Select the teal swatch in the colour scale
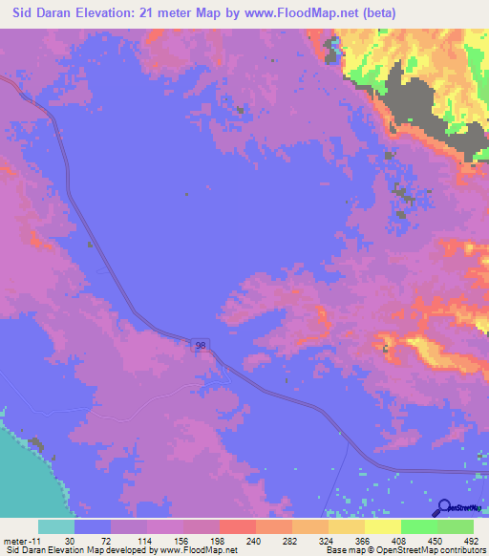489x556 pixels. (56, 526)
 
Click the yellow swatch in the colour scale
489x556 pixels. (381, 526)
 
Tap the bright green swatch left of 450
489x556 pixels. (417, 526)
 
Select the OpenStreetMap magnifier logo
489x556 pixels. (443, 506)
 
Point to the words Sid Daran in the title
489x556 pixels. (42, 12)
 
